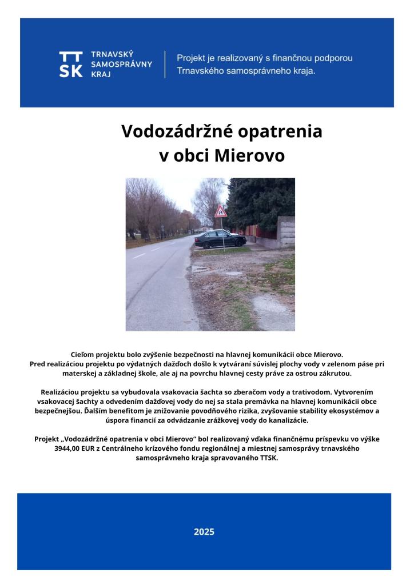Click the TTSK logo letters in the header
[x=70, y=64]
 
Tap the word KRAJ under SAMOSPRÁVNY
[x=101, y=74]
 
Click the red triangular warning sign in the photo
[x=221, y=212]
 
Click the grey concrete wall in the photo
[x=285, y=231]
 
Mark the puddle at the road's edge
[x=200, y=268]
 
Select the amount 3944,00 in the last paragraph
[x=68, y=448]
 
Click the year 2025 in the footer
[x=204, y=532]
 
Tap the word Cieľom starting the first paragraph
[x=82, y=355]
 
